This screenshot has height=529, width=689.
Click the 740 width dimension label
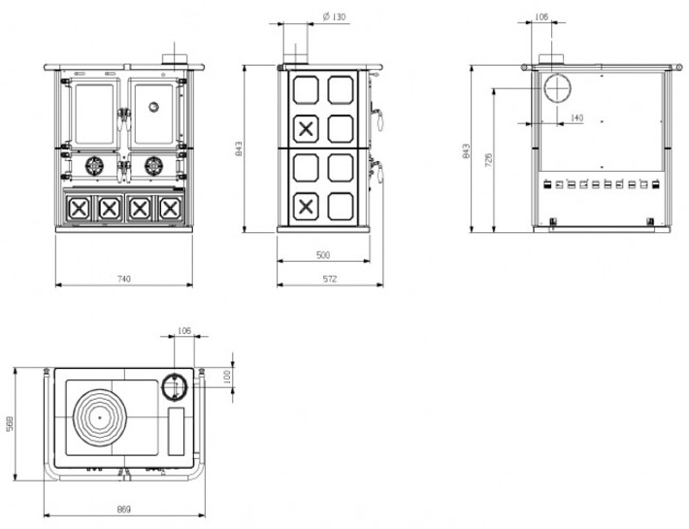pyautogui.click(x=124, y=279)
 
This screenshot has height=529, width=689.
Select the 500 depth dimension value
pyautogui.click(x=323, y=255)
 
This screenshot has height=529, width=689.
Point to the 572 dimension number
pyautogui.click(x=330, y=279)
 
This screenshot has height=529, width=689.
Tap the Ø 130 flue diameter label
pyautogui.click(x=334, y=17)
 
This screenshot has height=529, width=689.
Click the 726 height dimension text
pyautogui.click(x=489, y=160)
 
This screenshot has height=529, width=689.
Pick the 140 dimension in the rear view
pyautogui.click(x=576, y=117)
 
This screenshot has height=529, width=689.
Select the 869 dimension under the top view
pyautogui.click(x=124, y=510)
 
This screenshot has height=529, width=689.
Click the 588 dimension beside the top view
pyautogui.click(x=10, y=423)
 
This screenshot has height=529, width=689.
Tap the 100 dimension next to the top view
pyautogui.click(x=227, y=377)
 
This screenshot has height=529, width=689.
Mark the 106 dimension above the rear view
pyautogui.click(x=541, y=17)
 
